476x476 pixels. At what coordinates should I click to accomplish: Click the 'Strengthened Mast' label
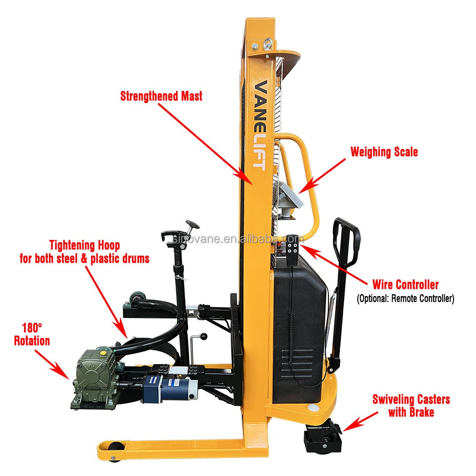[x=161, y=96]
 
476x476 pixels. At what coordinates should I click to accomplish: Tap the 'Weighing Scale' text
[x=384, y=152]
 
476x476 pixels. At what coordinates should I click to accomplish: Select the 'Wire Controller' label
[x=405, y=285]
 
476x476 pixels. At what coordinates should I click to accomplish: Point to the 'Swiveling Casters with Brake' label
[x=411, y=406]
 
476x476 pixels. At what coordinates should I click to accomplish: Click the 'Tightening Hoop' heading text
[x=84, y=246]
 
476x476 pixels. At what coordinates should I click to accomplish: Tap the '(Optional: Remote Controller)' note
[x=405, y=299]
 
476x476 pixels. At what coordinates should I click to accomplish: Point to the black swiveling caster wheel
[x=323, y=440]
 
